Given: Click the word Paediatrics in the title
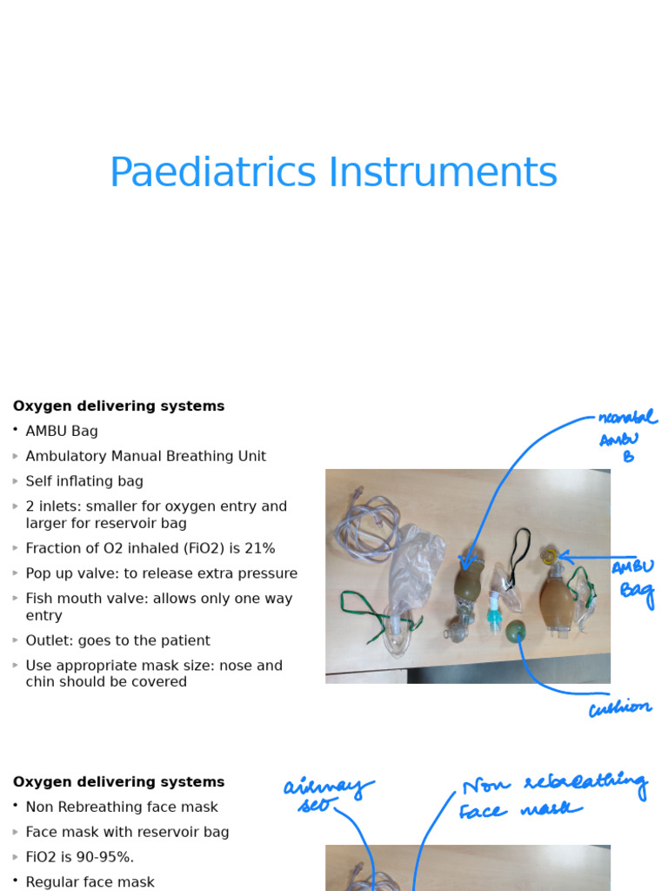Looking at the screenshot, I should (x=211, y=172).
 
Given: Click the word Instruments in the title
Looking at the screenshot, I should (x=442, y=172).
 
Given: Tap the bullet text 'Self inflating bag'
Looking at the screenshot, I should (x=84, y=481).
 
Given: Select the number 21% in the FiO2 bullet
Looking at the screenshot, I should (x=259, y=548).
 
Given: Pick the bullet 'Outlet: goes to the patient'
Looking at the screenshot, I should (x=117, y=640).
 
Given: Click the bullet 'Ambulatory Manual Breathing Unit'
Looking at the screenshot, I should (x=145, y=456).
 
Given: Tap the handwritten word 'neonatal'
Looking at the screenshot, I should (x=627, y=419).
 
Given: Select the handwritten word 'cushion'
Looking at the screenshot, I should (x=619, y=708).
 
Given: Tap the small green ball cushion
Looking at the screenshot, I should (x=516, y=630).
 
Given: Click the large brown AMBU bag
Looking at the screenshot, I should (x=557, y=600).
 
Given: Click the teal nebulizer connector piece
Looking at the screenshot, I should (x=494, y=613).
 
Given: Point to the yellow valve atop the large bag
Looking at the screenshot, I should (x=549, y=555).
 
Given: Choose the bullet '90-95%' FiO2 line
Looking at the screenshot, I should (x=79, y=857).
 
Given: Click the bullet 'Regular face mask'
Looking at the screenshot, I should (x=90, y=881).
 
